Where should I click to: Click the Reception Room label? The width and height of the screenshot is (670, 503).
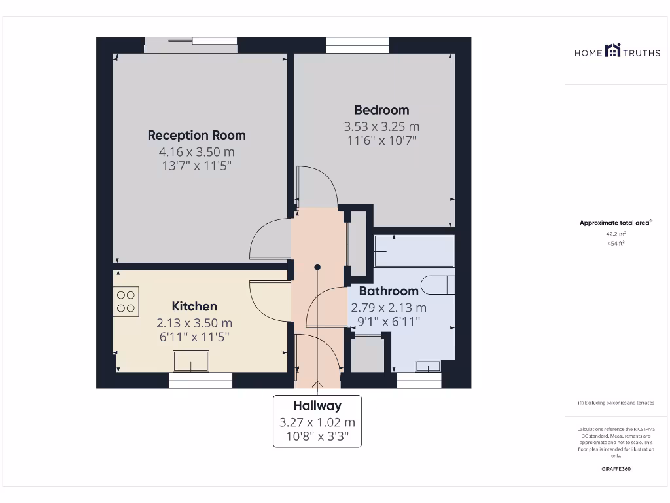pos(196,136)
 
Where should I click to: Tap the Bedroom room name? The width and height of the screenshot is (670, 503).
pos(381,110)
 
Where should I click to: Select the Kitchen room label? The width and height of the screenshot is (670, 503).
pos(194,306)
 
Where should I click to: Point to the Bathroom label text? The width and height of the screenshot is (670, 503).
pos(389,291)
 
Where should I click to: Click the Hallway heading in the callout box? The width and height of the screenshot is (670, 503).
pos(317,405)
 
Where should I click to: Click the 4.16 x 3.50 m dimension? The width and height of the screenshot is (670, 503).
pos(196,151)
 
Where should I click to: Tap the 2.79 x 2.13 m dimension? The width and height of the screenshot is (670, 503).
pos(389,307)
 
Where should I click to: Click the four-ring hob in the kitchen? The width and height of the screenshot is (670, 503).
pos(126,301)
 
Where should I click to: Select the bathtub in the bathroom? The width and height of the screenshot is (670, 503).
pos(414,251)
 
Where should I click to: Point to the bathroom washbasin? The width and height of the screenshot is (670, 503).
pos(429,366)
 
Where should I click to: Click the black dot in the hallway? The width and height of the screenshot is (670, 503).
pos(317,267)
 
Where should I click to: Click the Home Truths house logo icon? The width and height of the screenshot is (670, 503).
pos(612,50)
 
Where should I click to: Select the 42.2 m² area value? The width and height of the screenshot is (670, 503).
pos(616,233)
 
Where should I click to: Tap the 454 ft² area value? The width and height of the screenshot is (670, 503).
pos(616,244)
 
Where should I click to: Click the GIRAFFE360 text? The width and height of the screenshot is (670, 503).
pos(616,469)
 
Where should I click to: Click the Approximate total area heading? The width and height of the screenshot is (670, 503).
pos(615,223)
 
